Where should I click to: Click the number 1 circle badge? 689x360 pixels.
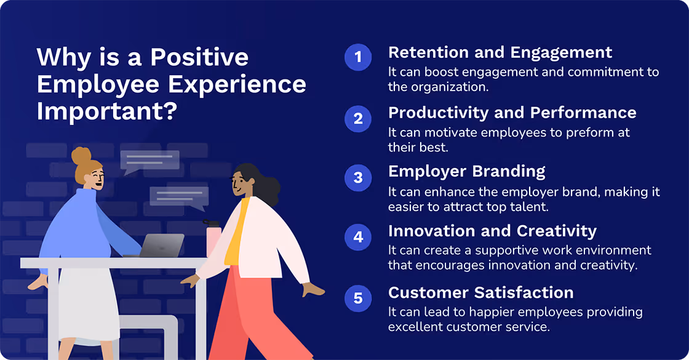tap(358, 58)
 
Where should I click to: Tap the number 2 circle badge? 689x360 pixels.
tap(358, 118)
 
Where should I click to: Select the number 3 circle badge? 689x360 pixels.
tap(358, 178)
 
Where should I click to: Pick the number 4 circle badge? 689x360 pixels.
tap(358, 238)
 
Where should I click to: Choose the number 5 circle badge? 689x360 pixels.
tap(358, 298)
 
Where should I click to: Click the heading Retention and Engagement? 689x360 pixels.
tap(500, 52)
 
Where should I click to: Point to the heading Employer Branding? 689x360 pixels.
tap(467, 171)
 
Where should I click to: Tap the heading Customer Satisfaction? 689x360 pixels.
tap(480, 292)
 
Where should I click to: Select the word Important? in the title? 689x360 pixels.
tap(108, 112)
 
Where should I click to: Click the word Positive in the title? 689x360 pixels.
tap(199, 57)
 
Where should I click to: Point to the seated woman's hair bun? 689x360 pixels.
tap(81, 156)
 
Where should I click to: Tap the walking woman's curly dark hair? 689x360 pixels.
tap(261, 185)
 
